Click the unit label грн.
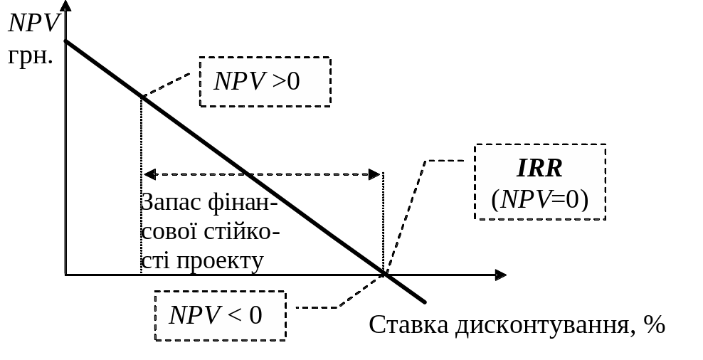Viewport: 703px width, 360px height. [x=30, y=55]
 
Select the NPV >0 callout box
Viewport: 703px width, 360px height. [x=265, y=82]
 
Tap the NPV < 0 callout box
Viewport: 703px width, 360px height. [x=220, y=315]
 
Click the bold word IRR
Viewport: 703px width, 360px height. [x=539, y=169]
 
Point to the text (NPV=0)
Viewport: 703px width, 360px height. [x=539, y=200]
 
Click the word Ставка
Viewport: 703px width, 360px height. [x=408, y=325]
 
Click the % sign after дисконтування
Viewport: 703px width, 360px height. [x=654, y=325]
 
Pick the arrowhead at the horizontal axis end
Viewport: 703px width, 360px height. [x=501, y=275]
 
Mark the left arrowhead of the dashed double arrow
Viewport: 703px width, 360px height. [x=148, y=174]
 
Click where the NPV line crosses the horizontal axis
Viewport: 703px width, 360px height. [x=385, y=274]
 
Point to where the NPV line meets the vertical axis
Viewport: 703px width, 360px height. [x=65, y=42]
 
